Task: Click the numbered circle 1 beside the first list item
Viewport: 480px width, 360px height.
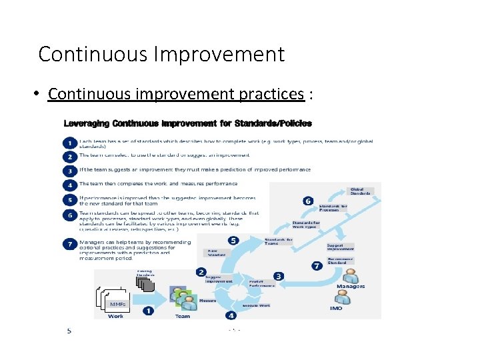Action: click(x=69, y=142)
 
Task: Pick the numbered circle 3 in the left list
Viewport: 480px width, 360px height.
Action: click(x=69, y=170)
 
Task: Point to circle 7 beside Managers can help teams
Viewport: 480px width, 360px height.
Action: click(x=69, y=244)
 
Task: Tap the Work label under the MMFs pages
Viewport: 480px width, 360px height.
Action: click(x=115, y=316)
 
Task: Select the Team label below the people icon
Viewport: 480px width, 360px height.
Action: click(x=182, y=316)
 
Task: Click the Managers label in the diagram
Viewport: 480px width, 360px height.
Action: click(x=351, y=286)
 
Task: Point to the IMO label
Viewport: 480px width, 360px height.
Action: click(x=337, y=309)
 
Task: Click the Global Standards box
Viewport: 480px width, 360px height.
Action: click(x=360, y=191)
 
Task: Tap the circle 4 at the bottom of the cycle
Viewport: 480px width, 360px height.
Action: click(x=231, y=315)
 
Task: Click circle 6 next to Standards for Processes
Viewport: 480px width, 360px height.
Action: click(x=307, y=201)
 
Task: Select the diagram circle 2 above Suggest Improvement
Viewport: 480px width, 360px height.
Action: click(x=201, y=272)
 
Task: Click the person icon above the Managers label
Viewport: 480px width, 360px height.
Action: click(x=350, y=273)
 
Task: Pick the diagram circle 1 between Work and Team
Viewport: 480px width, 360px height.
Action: click(x=147, y=311)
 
